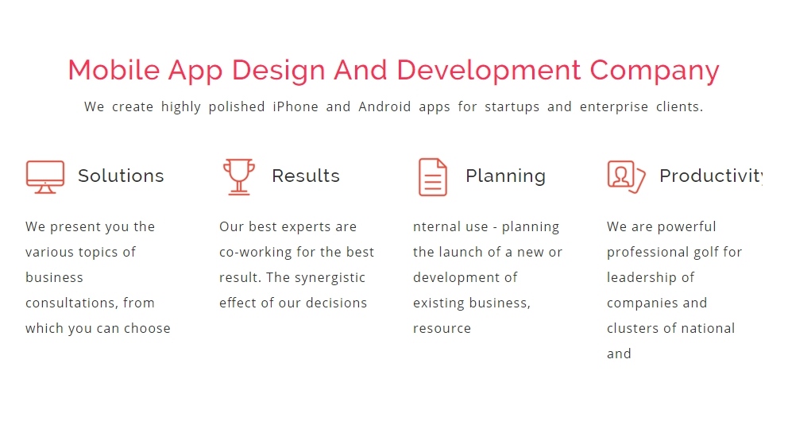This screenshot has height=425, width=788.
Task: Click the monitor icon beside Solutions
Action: tap(45, 177)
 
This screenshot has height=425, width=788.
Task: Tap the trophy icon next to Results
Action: tap(239, 177)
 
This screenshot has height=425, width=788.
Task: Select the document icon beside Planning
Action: tap(433, 177)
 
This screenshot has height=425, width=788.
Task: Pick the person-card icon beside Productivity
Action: tap(626, 177)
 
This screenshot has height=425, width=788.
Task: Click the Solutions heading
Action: tap(121, 176)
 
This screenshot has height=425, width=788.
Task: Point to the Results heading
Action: tap(306, 176)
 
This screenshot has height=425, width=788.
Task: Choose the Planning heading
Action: tap(505, 176)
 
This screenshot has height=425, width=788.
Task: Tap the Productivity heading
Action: tap(711, 176)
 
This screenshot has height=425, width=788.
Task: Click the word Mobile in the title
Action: tap(114, 70)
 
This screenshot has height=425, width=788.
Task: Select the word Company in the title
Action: tap(655, 71)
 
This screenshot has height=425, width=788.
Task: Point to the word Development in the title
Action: tap(489, 71)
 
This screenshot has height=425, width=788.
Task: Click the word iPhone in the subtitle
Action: tap(295, 106)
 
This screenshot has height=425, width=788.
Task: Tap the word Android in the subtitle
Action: tap(384, 106)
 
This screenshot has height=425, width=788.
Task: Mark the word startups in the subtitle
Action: tap(512, 107)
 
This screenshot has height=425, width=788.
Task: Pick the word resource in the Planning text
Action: tap(442, 329)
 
